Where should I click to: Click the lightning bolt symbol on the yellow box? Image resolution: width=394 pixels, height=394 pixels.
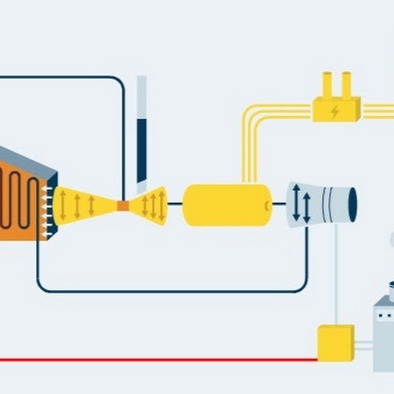click(x=335, y=112)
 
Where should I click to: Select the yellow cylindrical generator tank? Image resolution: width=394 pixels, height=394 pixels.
click(x=227, y=205)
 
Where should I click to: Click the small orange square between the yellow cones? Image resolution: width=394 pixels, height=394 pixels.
click(x=123, y=205)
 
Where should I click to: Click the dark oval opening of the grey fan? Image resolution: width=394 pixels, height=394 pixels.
click(x=353, y=204)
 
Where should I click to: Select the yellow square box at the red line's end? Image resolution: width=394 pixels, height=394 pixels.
click(x=335, y=342)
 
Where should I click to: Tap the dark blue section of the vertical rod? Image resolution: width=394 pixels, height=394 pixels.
click(x=142, y=148)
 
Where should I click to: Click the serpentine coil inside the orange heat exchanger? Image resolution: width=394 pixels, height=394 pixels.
click(x=20, y=202)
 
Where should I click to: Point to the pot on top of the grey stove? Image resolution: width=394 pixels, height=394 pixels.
click(x=393, y=291)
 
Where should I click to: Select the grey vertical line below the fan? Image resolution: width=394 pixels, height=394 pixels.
click(x=336, y=276)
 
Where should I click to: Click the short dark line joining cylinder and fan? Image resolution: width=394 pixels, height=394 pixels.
click(x=279, y=204)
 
